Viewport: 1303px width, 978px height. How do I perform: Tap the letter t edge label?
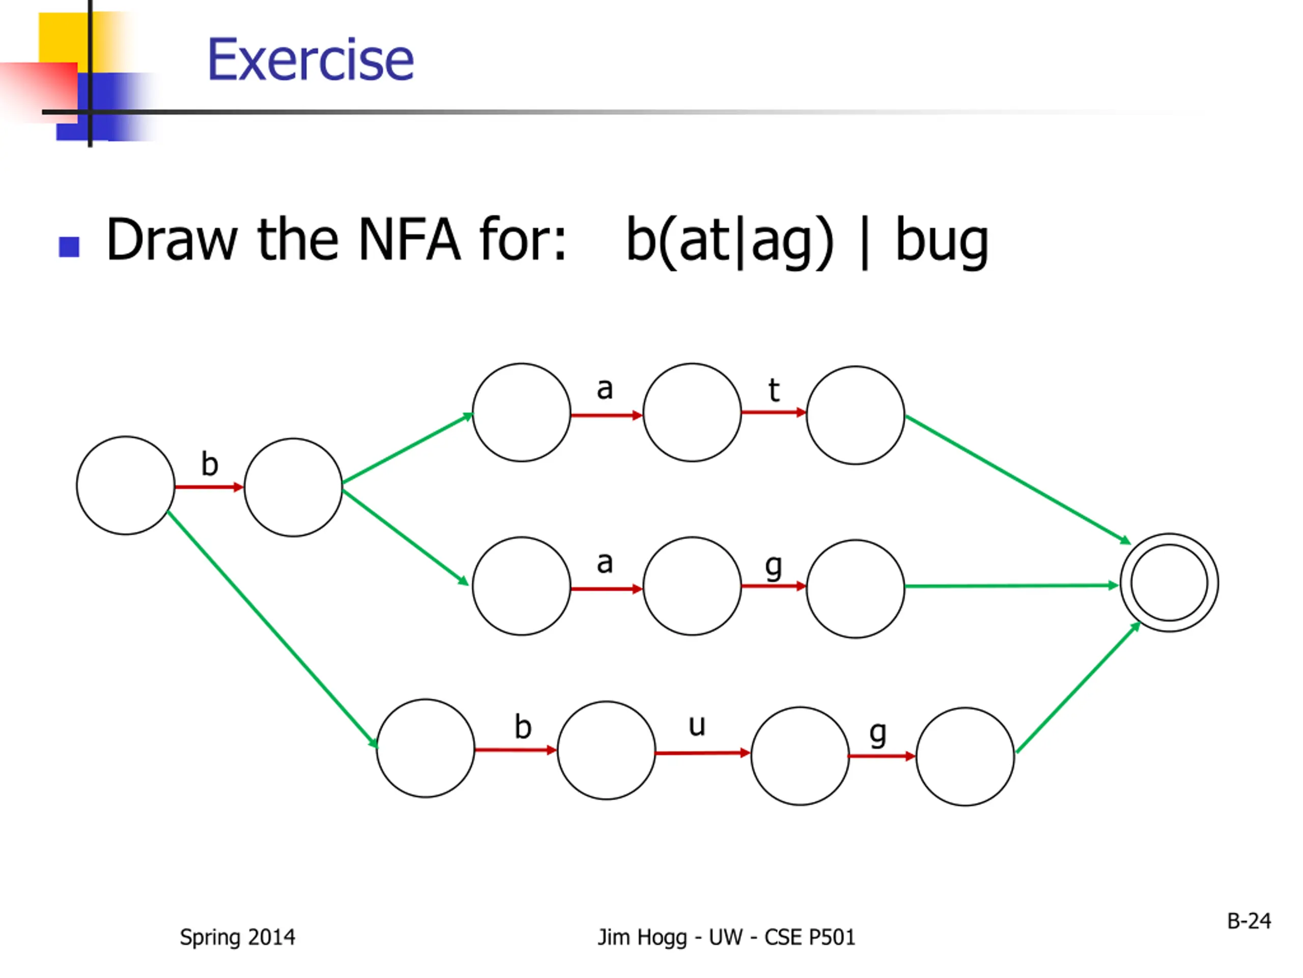pyautogui.click(x=774, y=390)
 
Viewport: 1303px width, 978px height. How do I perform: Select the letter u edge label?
pyautogui.click(x=697, y=725)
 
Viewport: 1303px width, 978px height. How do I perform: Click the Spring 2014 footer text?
pyautogui.click(x=237, y=937)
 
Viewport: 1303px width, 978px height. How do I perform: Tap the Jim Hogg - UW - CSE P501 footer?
pyautogui.click(x=726, y=937)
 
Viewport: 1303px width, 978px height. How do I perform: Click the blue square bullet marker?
pyautogui.click(x=70, y=247)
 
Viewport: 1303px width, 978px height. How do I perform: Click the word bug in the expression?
pyautogui.click(x=941, y=240)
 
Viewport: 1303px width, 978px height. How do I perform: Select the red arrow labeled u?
pyautogui.click(x=702, y=753)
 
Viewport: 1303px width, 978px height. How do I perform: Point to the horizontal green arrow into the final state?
pyautogui.click(x=1011, y=586)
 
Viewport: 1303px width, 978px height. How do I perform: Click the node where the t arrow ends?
pyautogui.click(x=855, y=415)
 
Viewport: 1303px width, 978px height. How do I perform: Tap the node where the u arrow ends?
pyautogui.click(x=800, y=756)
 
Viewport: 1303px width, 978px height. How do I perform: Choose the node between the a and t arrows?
pyautogui.click(x=692, y=412)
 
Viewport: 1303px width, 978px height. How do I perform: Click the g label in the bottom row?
pyautogui.click(x=877, y=734)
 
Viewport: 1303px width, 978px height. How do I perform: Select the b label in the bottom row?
pyautogui.click(x=523, y=727)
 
